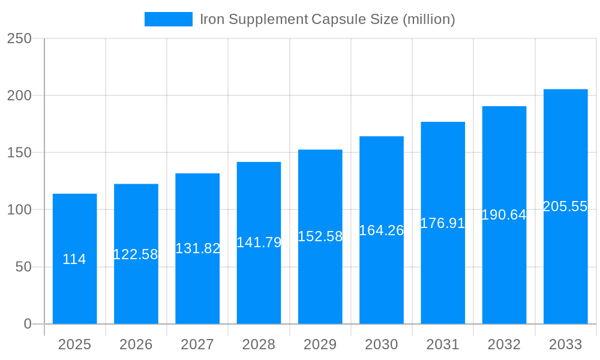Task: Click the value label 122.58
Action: click(x=136, y=254)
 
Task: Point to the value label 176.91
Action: click(x=443, y=223)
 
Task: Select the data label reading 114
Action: click(x=74, y=260)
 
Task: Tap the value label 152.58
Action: click(x=320, y=236)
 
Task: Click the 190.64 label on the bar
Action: click(x=504, y=215)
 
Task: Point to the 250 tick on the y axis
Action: click(x=19, y=38)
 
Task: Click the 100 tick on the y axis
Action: click(x=19, y=210)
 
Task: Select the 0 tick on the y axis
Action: click(x=28, y=324)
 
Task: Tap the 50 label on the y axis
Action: click(x=23, y=267)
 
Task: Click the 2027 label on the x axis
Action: click(x=197, y=344)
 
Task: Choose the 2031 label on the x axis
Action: click(x=443, y=344)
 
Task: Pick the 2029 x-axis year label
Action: click(x=320, y=344)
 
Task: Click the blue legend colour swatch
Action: click(x=169, y=19)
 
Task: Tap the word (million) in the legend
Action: click(x=428, y=19)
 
